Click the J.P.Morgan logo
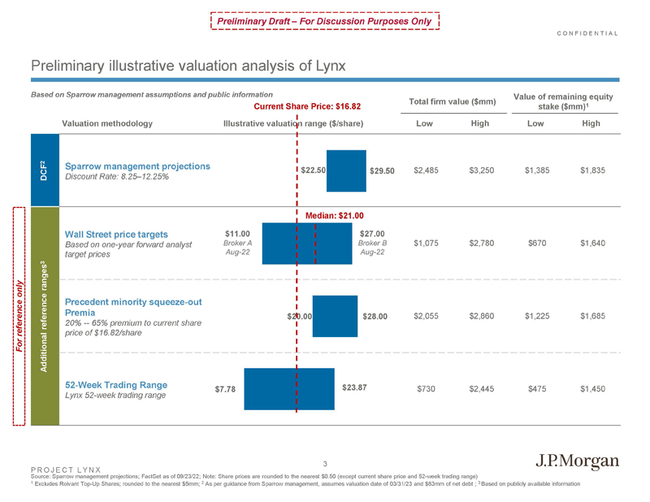578,461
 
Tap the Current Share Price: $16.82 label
307,106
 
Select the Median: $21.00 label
333,215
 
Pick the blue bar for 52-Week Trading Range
289,389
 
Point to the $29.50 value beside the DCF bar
382,171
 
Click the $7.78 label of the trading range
225,389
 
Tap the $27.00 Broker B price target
371,235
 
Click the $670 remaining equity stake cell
537,242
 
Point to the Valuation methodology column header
106,123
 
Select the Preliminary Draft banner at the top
324,20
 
